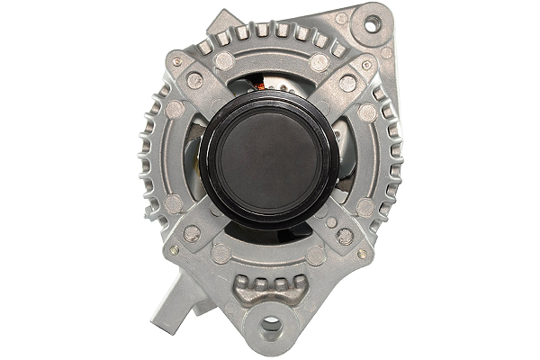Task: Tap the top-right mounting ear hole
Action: tap(371, 25)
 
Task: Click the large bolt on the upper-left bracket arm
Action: tap(194, 80)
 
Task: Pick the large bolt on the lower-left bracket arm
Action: tap(192, 233)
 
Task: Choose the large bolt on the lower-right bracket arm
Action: tap(344, 236)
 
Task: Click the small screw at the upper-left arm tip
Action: tap(176, 61)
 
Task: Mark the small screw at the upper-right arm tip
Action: tap(366, 65)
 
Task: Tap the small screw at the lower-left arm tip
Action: tap(174, 250)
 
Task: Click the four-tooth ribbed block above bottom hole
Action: tap(267, 289)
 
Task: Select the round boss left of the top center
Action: tap(224, 61)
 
